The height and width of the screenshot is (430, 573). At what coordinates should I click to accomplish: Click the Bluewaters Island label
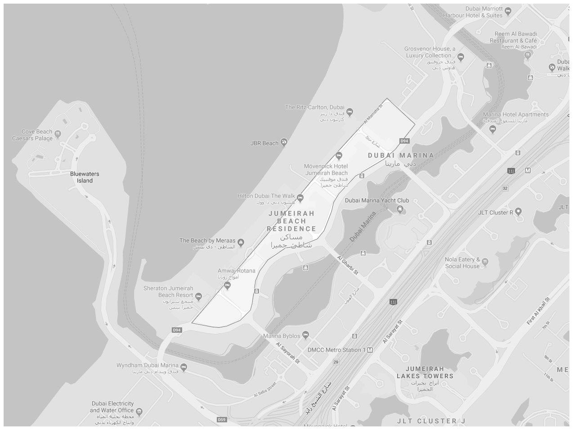(85, 177)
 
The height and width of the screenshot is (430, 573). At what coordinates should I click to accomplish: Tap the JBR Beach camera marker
(284, 143)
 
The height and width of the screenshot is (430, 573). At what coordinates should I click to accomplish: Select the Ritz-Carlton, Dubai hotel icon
(350, 112)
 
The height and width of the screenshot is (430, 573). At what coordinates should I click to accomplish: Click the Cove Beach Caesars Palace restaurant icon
(58, 133)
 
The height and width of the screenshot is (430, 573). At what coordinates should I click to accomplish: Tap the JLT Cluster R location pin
(519, 211)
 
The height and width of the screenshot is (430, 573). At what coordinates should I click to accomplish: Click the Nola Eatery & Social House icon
(485, 261)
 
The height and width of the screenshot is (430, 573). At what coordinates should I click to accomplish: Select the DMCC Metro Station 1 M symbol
(370, 350)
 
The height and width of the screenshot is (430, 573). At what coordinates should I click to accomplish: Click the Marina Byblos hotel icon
(306, 335)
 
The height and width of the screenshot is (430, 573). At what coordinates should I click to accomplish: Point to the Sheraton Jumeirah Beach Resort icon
(199, 296)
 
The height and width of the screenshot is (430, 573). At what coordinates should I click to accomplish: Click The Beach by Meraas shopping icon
(241, 242)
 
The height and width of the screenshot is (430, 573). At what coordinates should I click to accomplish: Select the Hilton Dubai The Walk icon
(300, 197)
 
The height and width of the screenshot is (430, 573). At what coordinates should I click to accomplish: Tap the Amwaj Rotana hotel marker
(227, 285)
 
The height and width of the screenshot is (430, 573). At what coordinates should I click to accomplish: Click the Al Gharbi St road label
(348, 266)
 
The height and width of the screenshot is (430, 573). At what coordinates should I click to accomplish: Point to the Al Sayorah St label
(287, 353)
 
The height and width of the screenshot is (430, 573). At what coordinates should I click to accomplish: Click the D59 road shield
(221, 420)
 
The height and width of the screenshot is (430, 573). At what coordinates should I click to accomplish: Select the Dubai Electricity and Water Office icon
(139, 411)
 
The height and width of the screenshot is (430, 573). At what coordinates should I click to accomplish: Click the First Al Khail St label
(538, 311)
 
